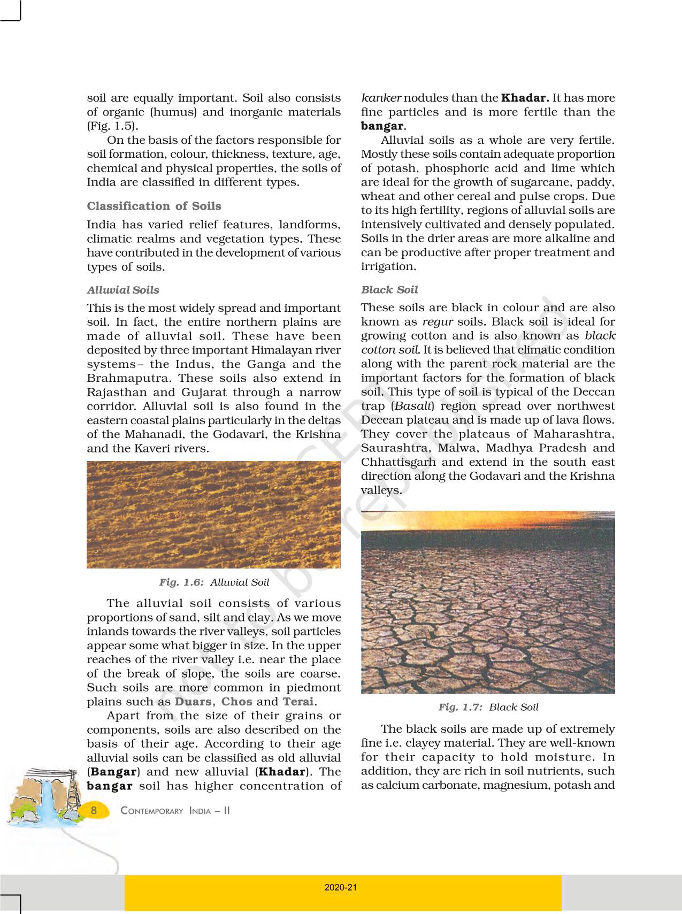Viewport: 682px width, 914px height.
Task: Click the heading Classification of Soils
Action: pyautogui.click(x=154, y=206)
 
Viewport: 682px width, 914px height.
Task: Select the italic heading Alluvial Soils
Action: pyautogui.click(x=123, y=290)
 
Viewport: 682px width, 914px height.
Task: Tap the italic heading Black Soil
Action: pyautogui.click(x=389, y=290)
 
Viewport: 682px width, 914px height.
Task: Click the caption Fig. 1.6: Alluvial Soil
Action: pyautogui.click(x=214, y=582)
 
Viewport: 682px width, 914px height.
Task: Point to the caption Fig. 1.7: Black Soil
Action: pyautogui.click(x=488, y=707)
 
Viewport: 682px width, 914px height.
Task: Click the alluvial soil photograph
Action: pyautogui.click(x=213, y=514)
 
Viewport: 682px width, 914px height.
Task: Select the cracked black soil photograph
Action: pyautogui.click(x=488, y=602)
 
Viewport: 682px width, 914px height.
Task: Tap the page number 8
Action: pyautogui.click(x=94, y=810)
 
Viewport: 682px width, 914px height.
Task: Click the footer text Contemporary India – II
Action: pyautogui.click(x=175, y=811)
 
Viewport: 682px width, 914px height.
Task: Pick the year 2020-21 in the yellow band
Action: pyautogui.click(x=341, y=887)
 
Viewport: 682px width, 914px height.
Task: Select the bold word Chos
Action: pyautogui.click(x=236, y=702)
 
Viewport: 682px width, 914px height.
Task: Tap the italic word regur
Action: pyautogui.click(x=438, y=322)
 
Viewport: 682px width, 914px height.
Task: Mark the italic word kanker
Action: pyautogui.click(x=381, y=98)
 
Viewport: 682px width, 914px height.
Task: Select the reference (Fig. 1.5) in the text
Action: pyautogui.click(x=112, y=126)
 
